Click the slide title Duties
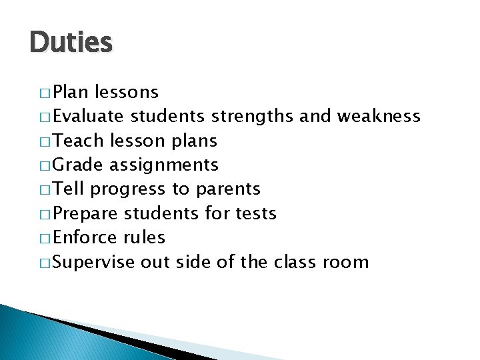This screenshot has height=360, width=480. (x=71, y=43)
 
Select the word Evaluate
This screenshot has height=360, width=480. (x=88, y=117)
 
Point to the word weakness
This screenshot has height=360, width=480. (x=378, y=117)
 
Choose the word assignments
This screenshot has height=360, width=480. (x=163, y=165)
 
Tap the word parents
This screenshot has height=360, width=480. (x=228, y=189)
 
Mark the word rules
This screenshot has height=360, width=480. (x=145, y=237)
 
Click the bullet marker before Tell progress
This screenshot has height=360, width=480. (x=45, y=190)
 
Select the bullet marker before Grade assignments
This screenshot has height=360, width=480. (x=45, y=165)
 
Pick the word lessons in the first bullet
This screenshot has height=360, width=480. (x=127, y=92)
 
